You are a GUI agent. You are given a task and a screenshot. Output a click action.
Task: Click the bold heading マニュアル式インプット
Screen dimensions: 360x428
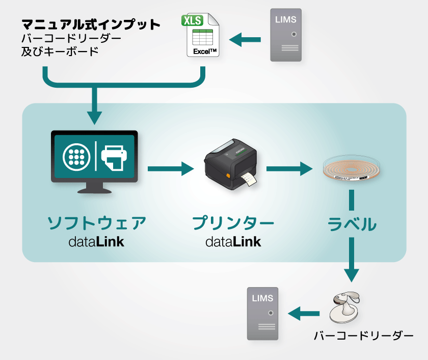(91, 23)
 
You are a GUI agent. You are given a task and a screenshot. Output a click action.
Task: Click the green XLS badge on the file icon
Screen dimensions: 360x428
(192, 21)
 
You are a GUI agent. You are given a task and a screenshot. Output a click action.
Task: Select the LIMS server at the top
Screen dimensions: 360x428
(285, 35)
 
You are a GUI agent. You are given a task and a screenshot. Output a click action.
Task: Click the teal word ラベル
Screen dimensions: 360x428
(352, 224)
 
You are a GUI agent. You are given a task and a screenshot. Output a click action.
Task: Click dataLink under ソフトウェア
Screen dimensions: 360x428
(96, 242)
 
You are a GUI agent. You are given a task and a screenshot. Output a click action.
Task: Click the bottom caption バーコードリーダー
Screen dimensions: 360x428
(363, 336)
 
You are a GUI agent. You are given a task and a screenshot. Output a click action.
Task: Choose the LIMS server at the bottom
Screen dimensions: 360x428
(263, 313)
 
